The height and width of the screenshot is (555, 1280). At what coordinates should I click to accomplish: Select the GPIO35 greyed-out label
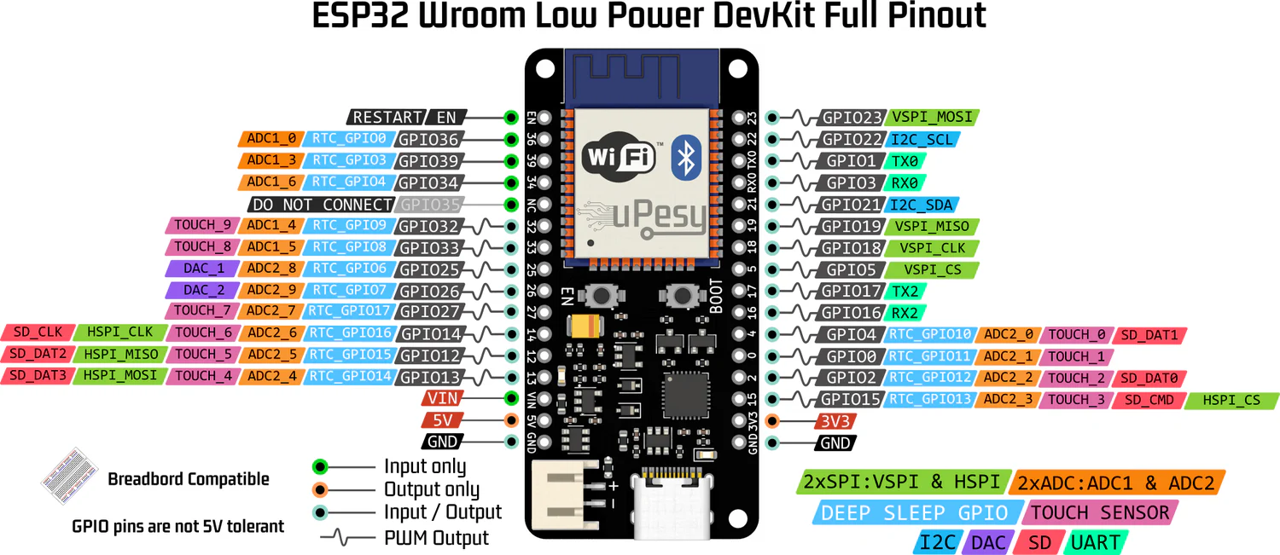point(430,205)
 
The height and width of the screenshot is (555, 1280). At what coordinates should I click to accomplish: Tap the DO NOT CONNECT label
point(323,205)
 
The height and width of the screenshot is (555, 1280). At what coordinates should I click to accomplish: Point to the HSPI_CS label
point(1231,400)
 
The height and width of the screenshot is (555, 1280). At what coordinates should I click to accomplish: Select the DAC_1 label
point(204,269)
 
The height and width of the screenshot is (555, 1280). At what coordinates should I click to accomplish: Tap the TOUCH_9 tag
point(202,226)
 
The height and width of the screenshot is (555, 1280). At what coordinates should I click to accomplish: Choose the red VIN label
point(442,398)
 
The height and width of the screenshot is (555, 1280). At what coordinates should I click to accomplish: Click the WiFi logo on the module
point(619,157)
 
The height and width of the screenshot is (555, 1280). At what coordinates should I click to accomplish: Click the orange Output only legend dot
point(320,489)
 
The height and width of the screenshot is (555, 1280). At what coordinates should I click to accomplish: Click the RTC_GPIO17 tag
point(350,312)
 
